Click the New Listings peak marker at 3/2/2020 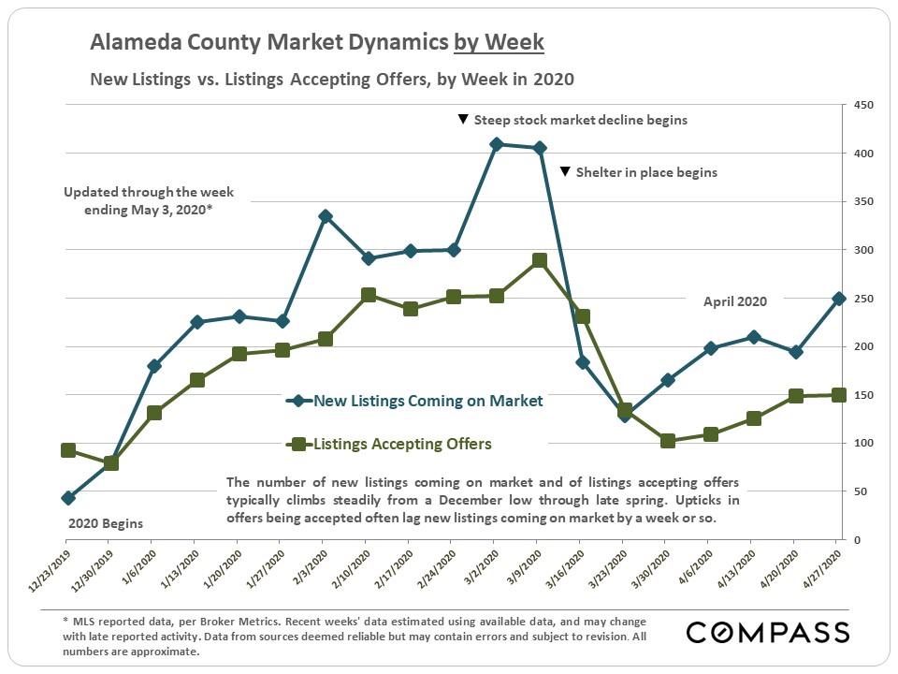coord(497,144)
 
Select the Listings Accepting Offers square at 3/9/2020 coord(540,260)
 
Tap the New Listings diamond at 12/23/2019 coord(68,498)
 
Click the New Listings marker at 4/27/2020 coord(839,299)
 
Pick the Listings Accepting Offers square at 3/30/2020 coord(668,440)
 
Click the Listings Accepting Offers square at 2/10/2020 coord(369,295)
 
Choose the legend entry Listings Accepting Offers coord(402,444)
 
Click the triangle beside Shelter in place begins coord(565,172)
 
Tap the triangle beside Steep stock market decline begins coord(462,120)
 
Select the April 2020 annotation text coord(735,301)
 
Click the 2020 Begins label coord(106,523)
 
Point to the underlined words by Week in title coord(499,43)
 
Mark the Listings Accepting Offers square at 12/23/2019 coord(68,450)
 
